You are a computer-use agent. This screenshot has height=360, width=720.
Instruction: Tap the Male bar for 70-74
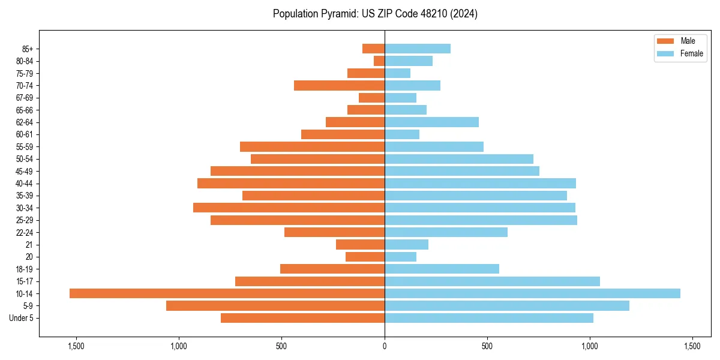coord(339,86)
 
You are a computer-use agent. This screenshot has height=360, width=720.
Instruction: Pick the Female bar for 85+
coord(418,49)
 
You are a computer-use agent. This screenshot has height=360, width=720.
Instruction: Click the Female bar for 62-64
coord(431,122)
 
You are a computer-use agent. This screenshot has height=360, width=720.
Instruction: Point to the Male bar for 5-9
coord(275,306)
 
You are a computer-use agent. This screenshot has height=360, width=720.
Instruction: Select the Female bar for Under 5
coord(489,318)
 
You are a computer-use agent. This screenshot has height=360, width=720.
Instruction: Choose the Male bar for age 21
coord(360,245)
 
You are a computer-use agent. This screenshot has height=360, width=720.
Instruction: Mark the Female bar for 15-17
coord(492,281)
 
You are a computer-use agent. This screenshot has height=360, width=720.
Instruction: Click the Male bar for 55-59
coord(312,147)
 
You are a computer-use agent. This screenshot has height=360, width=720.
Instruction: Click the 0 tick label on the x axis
coord(385,346)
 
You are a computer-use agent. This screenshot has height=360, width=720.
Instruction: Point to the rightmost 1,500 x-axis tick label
coord(692,346)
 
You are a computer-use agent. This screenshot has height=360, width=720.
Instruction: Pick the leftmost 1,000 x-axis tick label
coord(179,346)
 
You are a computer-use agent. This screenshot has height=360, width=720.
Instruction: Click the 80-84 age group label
coord(25,61)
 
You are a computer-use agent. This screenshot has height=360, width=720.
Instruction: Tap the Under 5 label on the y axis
coord(22,318)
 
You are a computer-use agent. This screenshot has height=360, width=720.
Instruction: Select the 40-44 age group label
coord(25,184)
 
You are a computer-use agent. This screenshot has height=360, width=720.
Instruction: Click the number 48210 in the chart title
coord(436,14)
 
